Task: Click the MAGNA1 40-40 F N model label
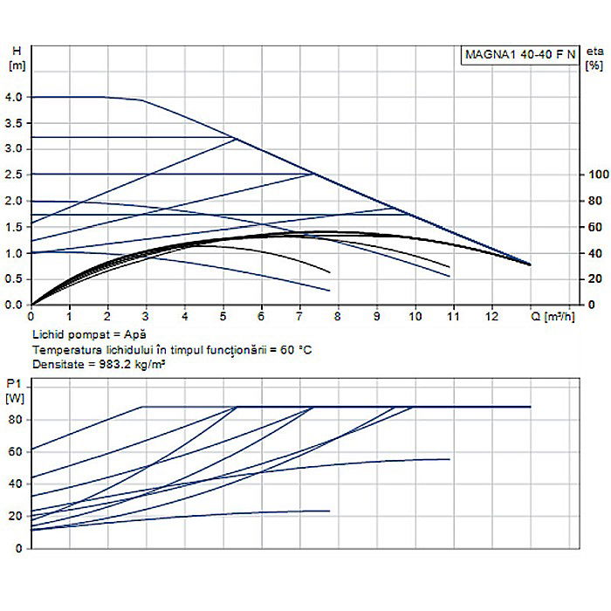click(x=518, y=54)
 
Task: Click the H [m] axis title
click(x=13, y=58)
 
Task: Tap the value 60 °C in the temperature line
click(x=291, y=350)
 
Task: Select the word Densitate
click(x=56, y=365)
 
